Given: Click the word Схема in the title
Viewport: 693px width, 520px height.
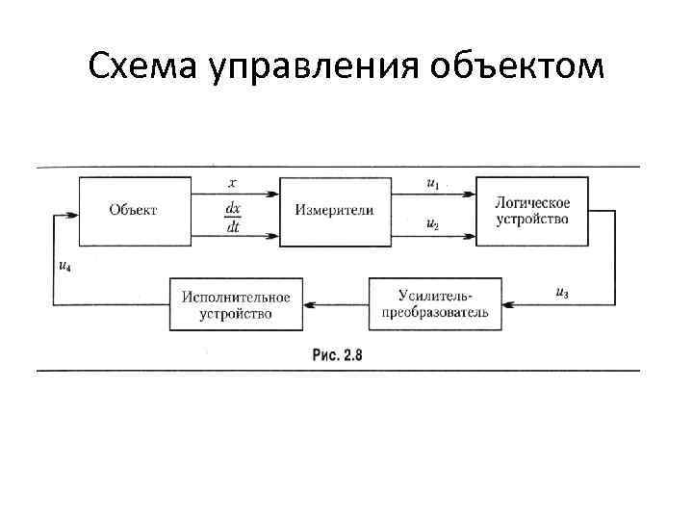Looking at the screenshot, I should (143, 68).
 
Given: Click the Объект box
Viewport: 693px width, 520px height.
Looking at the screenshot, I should (135, 211).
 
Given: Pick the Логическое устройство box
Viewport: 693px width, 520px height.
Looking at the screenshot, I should (531, 211).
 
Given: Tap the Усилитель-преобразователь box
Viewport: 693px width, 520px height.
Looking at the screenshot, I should (434, 304).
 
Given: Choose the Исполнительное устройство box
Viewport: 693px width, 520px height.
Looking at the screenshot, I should (235, 304).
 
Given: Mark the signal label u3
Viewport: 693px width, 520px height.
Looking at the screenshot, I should (562, 293).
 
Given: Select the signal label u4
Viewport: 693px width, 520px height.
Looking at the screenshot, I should (63, 266).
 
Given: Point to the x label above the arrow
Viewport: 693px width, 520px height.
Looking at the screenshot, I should (233, 181).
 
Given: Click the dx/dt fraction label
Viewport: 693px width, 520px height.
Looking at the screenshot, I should (233, 217).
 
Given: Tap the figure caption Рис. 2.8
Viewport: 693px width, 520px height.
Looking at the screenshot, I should (338, 355).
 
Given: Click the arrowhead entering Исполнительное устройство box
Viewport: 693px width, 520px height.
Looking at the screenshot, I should (309, 304).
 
